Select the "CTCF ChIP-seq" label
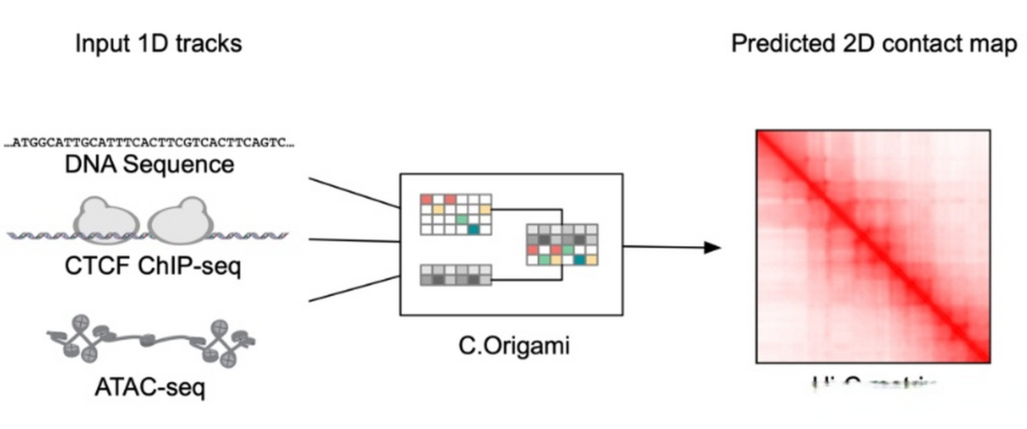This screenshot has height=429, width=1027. click(x=153, y=266)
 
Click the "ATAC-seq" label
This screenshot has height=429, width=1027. click(x=150, y=387)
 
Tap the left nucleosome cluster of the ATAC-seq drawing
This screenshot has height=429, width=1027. click(x=82, y=339)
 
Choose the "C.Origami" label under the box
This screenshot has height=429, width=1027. click(x=514, y=346)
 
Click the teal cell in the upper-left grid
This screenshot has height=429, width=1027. click(x=473, y=230)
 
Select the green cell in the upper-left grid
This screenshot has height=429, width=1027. click(x=462, y=220)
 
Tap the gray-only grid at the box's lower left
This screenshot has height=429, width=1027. click(x=456, y=275)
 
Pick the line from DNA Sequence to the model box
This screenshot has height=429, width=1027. click(x=354, y=193)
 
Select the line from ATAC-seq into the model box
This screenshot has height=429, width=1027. click(x=354, y=288)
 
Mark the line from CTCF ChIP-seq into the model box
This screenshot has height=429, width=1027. click(x=354, y=240)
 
